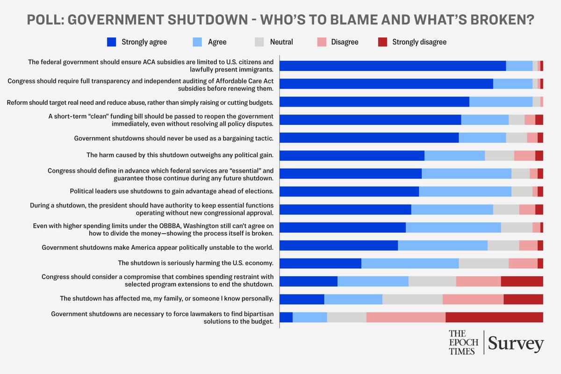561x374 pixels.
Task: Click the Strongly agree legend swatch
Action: tap(112, 42)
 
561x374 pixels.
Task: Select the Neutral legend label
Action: tap(281, 42)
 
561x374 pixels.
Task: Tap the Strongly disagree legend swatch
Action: tap(382, 42)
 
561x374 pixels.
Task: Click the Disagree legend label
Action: tap(345, 42)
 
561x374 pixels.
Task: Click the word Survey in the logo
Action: tap(516, 344)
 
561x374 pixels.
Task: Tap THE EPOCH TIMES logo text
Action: tap(462, 342)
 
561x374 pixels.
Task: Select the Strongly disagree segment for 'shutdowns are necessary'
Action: tap(494, 317)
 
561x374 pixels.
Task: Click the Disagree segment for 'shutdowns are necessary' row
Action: tap(406, 317)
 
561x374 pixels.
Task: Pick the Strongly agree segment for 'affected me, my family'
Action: tap(302, 299)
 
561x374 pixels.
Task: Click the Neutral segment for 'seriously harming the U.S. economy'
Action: tap(483, 263)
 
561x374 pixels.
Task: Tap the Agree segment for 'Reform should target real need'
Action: tap(501, 102)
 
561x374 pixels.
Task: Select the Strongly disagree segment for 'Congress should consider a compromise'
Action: tap(522, 281)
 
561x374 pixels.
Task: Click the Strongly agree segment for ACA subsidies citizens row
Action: tap(393, 66)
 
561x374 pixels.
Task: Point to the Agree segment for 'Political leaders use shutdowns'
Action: tap(465, 192)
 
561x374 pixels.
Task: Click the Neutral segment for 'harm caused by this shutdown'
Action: tap(499, 156)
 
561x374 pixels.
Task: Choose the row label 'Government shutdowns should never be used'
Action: tap(173, 138)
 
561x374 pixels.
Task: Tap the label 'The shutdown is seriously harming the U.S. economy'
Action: tap(195, 263)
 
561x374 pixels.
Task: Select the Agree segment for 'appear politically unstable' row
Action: tap(443, 245)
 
